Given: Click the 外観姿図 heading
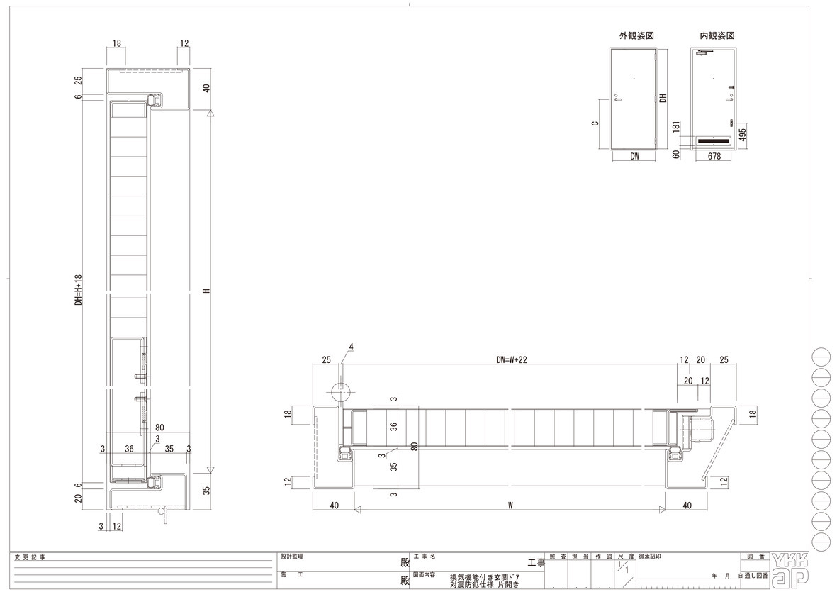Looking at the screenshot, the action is tap(636, 35).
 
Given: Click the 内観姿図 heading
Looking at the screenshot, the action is tap(717, 35).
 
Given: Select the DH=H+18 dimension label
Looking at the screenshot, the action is tap(79, 289).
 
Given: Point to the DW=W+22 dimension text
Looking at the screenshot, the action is tap(512, 359).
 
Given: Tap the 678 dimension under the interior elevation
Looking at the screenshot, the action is tap(714, 156).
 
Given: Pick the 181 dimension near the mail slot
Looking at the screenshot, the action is tap(676, 126).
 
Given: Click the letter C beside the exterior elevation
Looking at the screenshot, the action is tap(595, 123).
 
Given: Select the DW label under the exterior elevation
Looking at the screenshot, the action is tap(635, 157).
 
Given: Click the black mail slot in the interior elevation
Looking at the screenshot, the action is tap(713, 141).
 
